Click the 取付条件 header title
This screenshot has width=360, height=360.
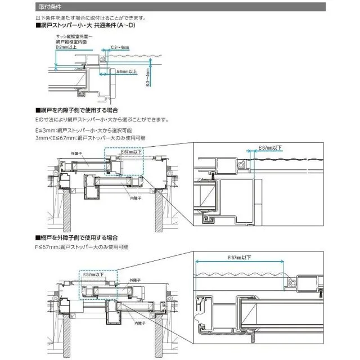(x=49, y=8)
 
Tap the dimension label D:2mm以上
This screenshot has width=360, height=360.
(x=67, y=48)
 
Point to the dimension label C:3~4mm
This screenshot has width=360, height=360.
(x=122, y=48)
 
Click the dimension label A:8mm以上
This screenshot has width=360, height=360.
(x=127, y=72)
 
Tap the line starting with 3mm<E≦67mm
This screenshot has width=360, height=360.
(x=90, y=137)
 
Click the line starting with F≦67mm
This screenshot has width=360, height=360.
(x=82, y=247)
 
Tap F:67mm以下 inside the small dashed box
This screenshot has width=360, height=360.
(x=94, y=275)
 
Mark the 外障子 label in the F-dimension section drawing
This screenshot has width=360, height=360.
(x=134, y=280)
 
